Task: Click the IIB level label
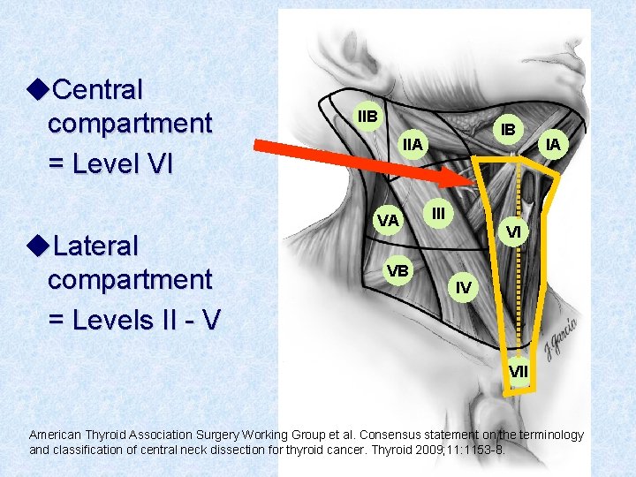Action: pos(366,116)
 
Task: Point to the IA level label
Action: pos(552,144)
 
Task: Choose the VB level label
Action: pos(397,269)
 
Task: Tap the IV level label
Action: pos(463,287)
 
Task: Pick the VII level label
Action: pos(519,372)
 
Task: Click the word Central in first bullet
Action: pos(96,89)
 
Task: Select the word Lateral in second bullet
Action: pos(95,245)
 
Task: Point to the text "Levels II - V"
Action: pos(132,319)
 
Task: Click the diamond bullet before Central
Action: pos(36,89)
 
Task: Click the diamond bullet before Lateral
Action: pos(36,245)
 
